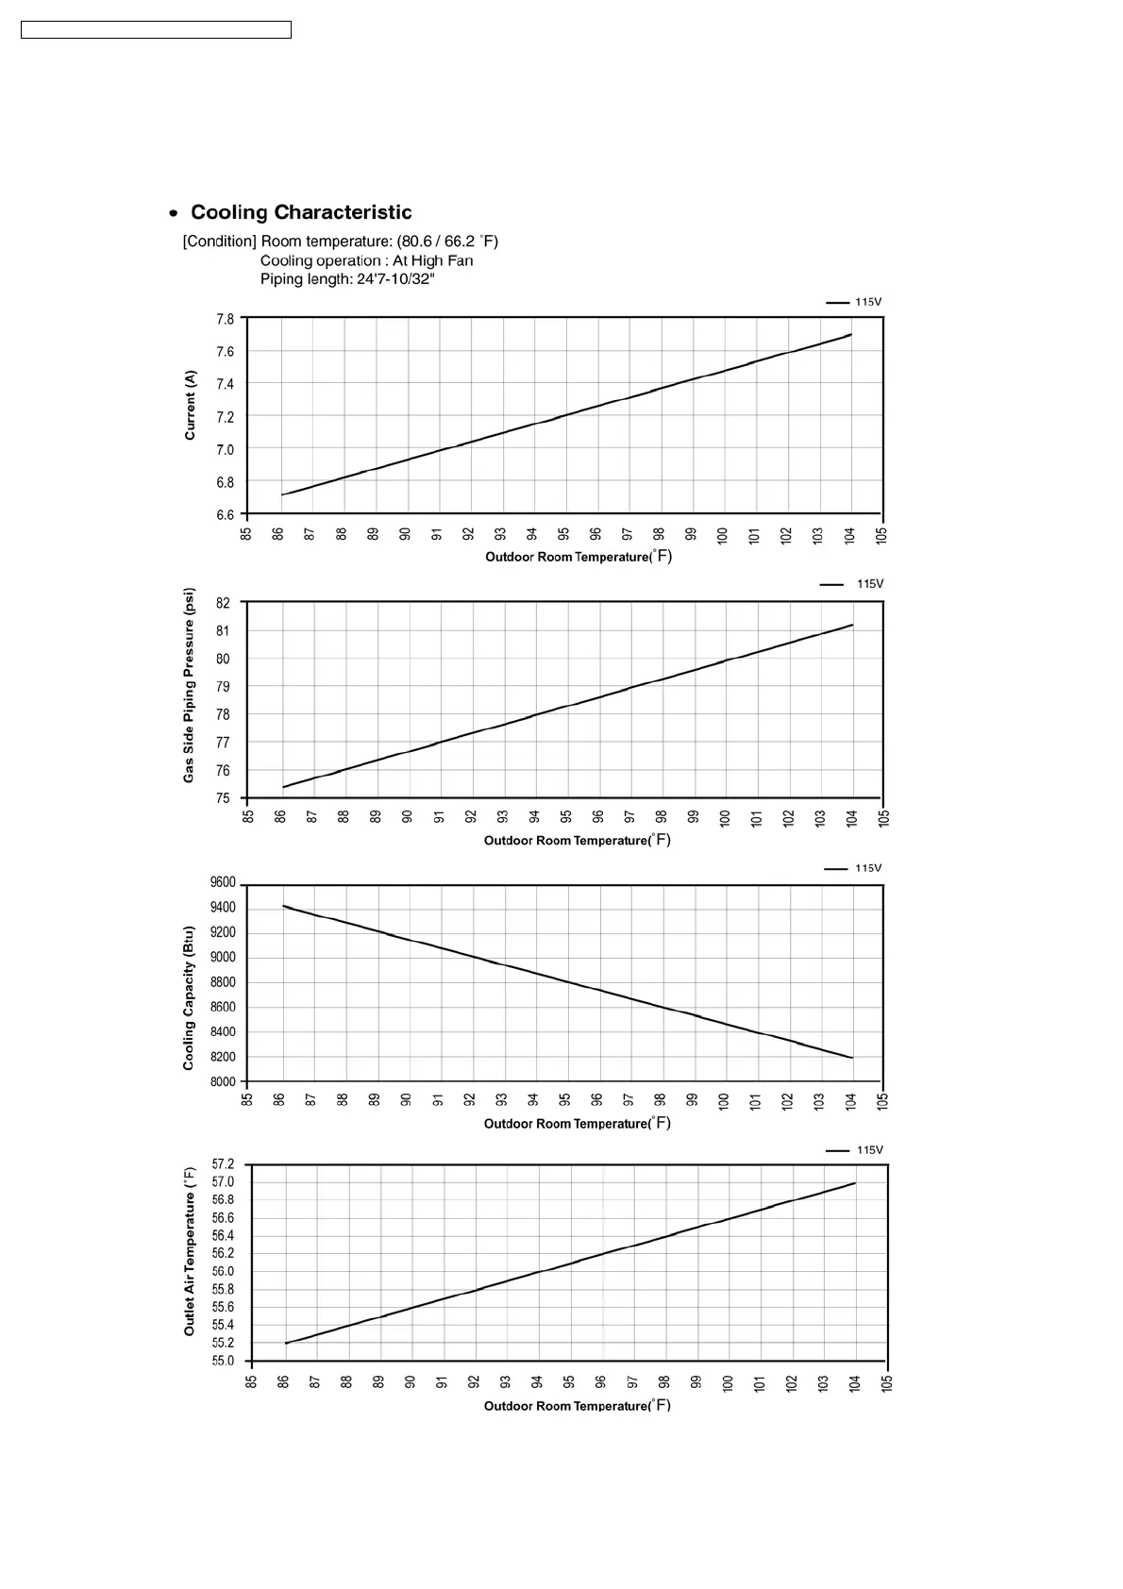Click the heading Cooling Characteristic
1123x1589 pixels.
pos(300,212)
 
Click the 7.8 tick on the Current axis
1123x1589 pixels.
pos(225,320)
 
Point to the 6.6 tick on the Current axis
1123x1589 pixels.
pos(225,515)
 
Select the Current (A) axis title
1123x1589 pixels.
pos(191,405)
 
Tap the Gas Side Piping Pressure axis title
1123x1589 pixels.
pos(190,685)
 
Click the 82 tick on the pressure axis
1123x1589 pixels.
pos(223,603)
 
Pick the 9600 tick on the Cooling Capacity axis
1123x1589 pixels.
pos(223,883)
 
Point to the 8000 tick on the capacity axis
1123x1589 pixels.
pos(223,1082)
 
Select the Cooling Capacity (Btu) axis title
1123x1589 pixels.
pos(189,997)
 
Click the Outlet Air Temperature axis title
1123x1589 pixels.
pos(190,1250)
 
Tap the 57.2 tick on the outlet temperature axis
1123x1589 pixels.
pos(223,1164)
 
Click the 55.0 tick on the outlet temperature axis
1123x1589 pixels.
pos(223,1362)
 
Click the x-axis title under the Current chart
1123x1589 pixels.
pos(578,557)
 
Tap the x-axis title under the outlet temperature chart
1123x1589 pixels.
pos(577,1406)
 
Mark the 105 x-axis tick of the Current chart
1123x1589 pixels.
pos(881,535)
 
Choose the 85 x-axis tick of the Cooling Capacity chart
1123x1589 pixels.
pos(248,1100)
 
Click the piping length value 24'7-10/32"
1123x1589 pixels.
pos(395,279)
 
